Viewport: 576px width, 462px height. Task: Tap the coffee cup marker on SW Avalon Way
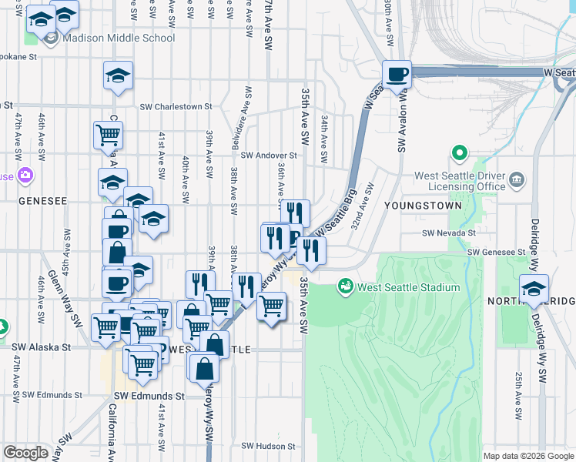click(x=397, y=75)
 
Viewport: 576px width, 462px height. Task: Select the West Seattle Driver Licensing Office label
click(x=460, y=181)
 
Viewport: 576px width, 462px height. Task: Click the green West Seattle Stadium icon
click(x=346, y=287)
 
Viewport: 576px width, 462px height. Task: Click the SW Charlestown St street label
click(x=176, y=107)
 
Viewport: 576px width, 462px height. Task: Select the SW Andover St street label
click(x=268, y=156)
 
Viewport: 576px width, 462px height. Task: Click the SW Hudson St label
click(x=269, y=446)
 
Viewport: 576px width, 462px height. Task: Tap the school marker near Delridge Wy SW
click(x=534, y=288)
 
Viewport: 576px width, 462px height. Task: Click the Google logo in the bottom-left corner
click(x=25, y=453)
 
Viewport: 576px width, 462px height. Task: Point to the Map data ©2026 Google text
click(x=527, y=456)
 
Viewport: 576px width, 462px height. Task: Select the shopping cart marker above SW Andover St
click(x=109, y=135)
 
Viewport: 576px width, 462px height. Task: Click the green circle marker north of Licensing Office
click(x=460, y=153)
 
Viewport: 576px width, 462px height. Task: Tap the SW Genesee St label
click(x=495, y=252)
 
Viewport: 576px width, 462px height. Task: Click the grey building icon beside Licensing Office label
click(x=516, y=181)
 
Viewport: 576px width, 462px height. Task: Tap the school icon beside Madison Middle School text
click(x=52, y=38)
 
